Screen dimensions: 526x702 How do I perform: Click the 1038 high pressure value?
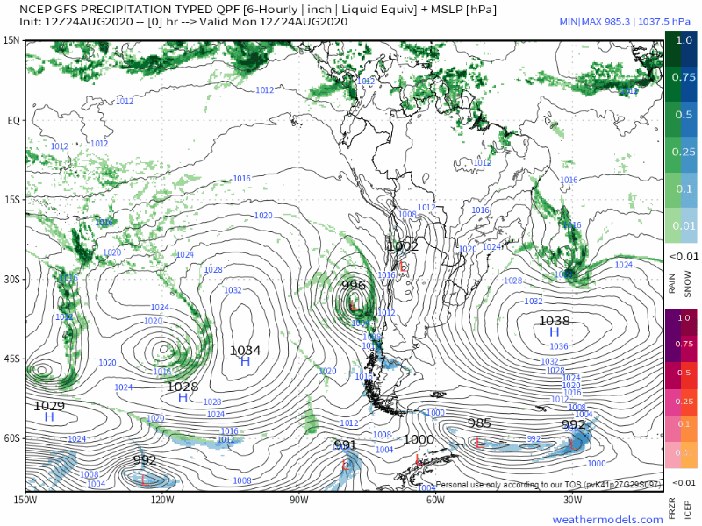pos(555,321)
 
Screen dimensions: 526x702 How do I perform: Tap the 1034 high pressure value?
pos(246,350)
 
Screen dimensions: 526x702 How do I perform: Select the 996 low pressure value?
pos(354,285)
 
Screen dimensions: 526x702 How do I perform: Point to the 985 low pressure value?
pos(479,423)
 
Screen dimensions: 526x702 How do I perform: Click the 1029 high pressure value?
pos(49,406)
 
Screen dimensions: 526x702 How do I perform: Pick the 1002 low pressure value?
pos(403,247)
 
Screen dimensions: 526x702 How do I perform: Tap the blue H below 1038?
pos(555,333)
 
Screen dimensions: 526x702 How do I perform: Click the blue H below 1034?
pos(246,362)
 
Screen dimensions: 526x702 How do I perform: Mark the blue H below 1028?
pos(183,398)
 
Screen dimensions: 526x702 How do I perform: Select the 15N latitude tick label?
pos(11,40)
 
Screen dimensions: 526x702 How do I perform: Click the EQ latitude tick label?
pos(13,120)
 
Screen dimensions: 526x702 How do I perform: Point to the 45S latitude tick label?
pos(11,358)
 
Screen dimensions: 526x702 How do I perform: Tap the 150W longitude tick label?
pos(25,501)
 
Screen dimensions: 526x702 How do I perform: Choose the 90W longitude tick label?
pos(298,501)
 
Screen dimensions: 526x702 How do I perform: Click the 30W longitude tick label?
pos(572,501)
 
